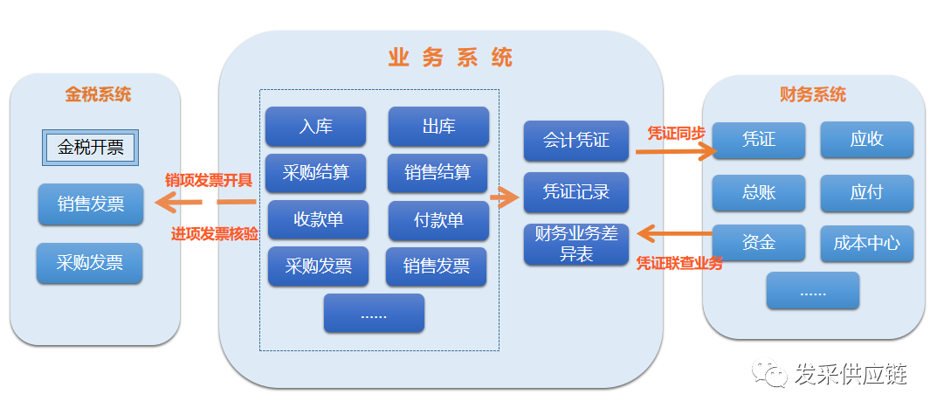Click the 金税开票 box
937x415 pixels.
[x=91, y=148]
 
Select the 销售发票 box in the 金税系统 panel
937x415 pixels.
[x=90, y=204]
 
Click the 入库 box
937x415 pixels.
[x=315, y=126]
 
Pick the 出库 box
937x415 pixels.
[x=438, y=126]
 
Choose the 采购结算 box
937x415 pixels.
[x=315, y=173]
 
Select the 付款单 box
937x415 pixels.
[x=438, y=220]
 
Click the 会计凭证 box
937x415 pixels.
[x=575, y=141]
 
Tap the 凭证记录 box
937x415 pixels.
[x=575, y=192]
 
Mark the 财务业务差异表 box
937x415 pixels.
[x=575, y=244]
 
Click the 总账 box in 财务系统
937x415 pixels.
[x=758, y=193]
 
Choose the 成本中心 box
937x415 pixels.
[x=866, y=243]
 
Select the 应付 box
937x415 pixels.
[x=866, y=193]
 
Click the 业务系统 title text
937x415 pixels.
[x=450, y=59]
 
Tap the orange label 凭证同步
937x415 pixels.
[x=675, y=134]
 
